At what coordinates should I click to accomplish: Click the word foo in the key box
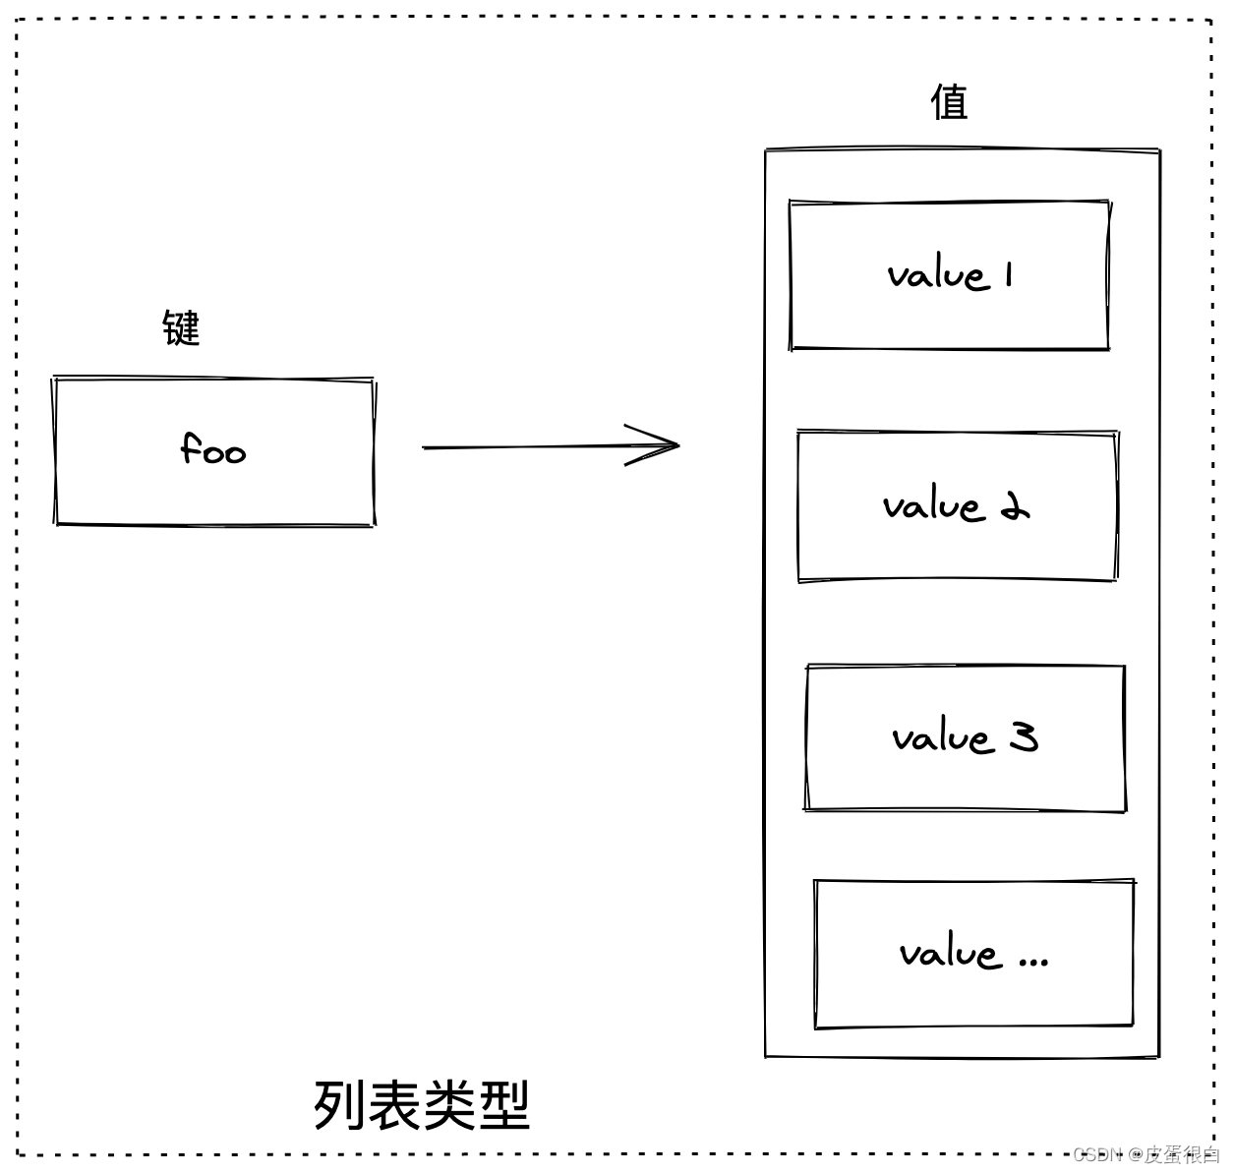213,450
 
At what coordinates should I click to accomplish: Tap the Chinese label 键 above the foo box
181,327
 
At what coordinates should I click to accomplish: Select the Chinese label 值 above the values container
949,101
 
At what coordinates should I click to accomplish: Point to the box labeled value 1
949,275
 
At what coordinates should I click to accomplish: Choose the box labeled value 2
957,506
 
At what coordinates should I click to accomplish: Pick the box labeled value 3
965,737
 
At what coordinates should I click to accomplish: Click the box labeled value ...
973,954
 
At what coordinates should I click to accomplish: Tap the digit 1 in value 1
1009,275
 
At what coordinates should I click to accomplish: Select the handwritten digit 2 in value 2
1015,507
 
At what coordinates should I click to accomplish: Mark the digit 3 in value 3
1024,736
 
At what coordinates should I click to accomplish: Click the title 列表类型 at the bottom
422,1105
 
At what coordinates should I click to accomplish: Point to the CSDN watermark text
1097,1154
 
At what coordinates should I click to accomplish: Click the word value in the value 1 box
937,275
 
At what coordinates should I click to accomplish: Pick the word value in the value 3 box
943,737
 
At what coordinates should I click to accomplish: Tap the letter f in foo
191,448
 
